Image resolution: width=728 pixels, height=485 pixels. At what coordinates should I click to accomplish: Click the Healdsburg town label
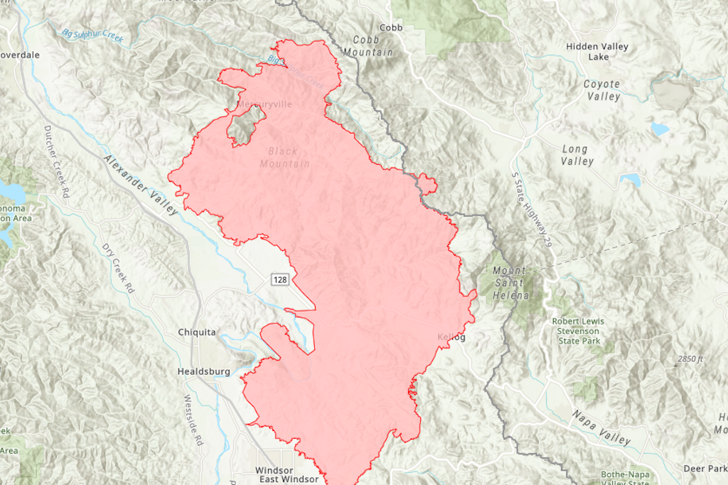point(203,371)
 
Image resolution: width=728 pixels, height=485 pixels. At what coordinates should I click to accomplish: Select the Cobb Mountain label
point(368,46)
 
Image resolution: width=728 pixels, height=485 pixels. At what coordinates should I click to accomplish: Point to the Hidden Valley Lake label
point(597,52)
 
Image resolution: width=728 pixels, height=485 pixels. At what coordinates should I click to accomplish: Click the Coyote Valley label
point(602,90)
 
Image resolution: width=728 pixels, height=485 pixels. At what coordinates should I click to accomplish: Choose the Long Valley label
point(576,155)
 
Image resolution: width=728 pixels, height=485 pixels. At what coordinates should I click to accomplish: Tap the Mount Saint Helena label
point(510,283)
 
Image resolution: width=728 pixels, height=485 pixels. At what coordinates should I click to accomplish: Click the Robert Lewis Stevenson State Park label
point(576,331)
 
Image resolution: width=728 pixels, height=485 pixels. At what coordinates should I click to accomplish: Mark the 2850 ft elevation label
point(690,359)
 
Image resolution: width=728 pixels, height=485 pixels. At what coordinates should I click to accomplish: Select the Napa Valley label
point(601,427)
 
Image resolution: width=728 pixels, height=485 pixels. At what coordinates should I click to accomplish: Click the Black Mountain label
point(284,158)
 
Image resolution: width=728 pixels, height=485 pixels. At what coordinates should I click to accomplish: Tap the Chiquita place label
point(197,332)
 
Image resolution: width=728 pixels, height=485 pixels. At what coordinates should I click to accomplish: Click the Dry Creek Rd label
point(117,270)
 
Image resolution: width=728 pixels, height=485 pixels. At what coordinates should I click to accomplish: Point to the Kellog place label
point(451,337)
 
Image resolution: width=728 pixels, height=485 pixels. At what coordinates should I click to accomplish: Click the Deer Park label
point(704,469)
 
